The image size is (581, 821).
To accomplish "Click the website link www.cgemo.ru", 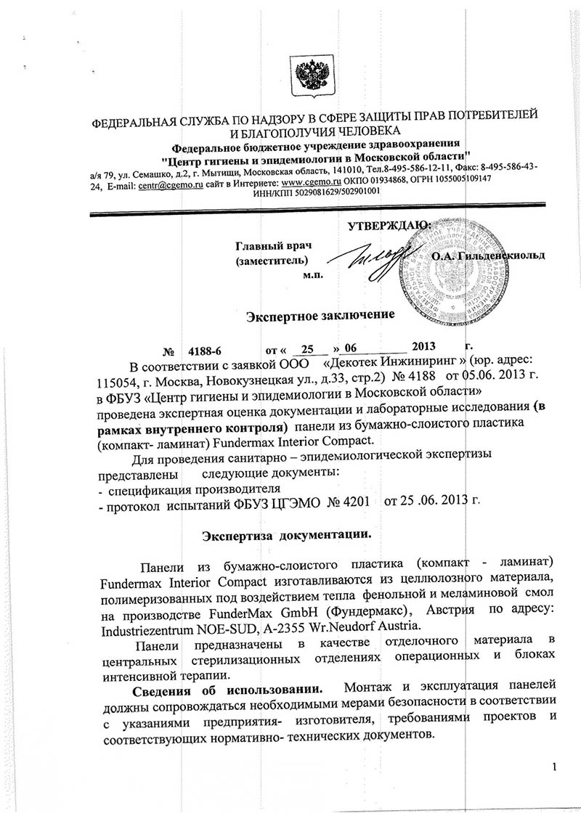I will point(312,179).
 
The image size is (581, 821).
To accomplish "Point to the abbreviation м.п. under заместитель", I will point(313,274).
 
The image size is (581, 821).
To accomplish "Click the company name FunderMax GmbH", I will point(284,612).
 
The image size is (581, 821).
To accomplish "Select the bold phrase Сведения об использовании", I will point(222,687).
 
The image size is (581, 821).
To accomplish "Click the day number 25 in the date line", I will point(309,347).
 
